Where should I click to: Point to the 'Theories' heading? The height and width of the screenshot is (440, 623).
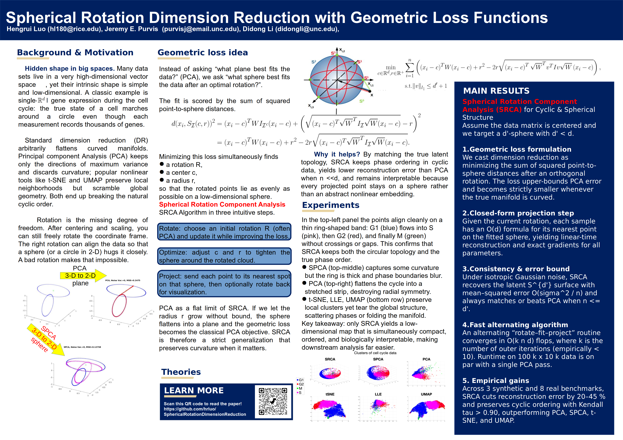point(181,372)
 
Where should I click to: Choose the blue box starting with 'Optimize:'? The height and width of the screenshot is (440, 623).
point(224,256)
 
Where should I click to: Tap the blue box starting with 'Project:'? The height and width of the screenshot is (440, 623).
point(224,284)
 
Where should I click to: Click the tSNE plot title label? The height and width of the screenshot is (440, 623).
point(330,394)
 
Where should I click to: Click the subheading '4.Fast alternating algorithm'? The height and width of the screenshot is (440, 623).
point(515,325)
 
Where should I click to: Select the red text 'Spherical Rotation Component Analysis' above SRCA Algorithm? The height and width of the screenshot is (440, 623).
point(222,205)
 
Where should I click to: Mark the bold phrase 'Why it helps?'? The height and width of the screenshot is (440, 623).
point(337,154)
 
